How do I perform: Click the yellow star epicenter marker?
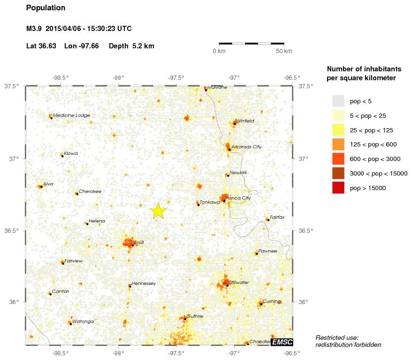[x=159, y=211]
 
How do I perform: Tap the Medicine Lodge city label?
[x=71, y=115]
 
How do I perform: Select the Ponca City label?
[x=238, y=198]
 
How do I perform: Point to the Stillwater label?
[x=239, y=282]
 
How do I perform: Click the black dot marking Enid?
[x=133, y=245]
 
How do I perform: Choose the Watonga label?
[x=83, y=321]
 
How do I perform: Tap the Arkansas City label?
[x=246, y=147]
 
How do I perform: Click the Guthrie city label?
[x=195, y=316]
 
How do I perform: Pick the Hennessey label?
[x=144, y=283]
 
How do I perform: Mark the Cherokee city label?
[x=90, y=191]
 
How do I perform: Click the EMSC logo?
[x=282, y=342]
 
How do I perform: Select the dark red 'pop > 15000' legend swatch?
[x=338, y=188]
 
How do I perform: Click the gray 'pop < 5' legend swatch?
[x=338, y=101]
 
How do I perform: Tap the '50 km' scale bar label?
[x=284, y=51]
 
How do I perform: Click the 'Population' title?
[x=46, y=8]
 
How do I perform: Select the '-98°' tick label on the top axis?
[x=118, y=78]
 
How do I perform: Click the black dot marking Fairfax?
[x=267, y=220]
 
